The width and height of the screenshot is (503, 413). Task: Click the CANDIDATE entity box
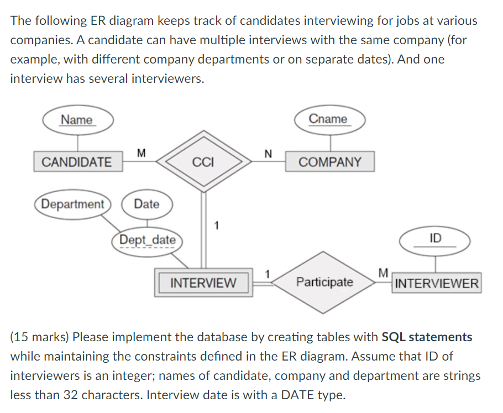[x=77, y=162]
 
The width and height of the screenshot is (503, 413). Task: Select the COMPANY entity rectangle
[x=329, y=162]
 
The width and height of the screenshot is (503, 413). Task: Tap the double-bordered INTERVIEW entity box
[x=203, y=283]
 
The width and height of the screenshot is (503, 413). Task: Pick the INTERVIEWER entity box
[x=437, y=284]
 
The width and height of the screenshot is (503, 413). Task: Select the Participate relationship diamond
[x=324, y=282]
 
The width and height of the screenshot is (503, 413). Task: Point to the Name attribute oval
[x=77, y=120]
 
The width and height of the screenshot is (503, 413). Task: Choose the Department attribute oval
[x=73, y=204]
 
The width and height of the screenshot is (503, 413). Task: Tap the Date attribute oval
[x=146, y=204]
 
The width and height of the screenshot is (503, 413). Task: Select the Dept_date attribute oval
[x=148, y=240]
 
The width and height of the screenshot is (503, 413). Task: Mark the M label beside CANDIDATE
[x=141, y=151]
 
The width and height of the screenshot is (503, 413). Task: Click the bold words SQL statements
[x=427, y=337]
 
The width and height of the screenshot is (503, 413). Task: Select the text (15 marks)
[x=39, y=337]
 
